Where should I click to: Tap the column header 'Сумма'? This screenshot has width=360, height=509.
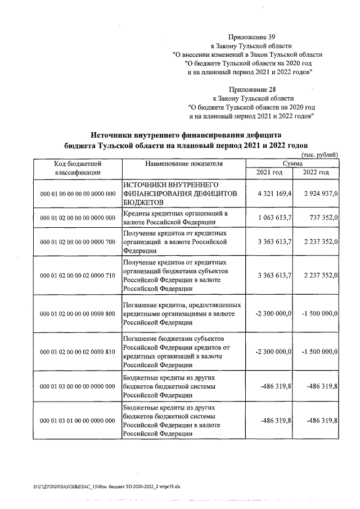pos(293,163)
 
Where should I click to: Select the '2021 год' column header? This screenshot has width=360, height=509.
pos(269,173)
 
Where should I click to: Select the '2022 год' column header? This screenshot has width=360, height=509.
pos(316,173)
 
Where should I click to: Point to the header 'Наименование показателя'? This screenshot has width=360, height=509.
pos(183,164)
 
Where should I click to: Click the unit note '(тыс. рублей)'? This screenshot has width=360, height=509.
pos(320,154)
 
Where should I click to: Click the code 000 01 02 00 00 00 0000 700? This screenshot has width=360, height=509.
pos(78,242)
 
